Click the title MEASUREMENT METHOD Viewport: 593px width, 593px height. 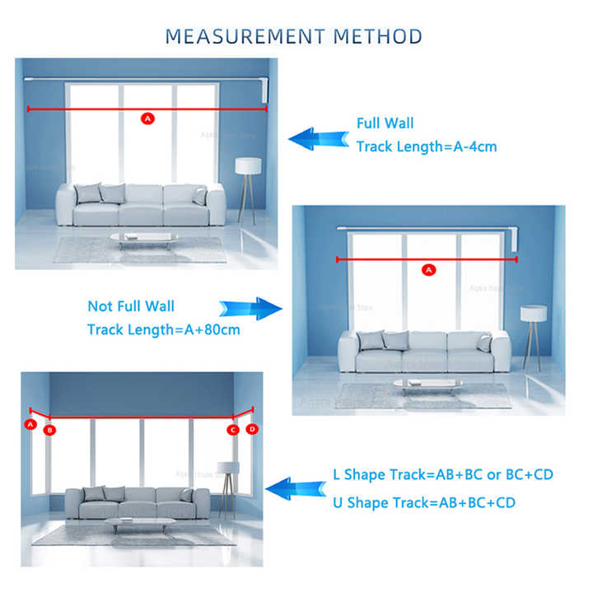tap(294, 36)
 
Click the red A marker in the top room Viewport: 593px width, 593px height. tap(148, 119)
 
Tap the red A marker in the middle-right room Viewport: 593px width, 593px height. tap(427, 269)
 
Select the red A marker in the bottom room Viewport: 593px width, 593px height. tap(30, 424)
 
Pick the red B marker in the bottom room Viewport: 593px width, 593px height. tap(49, 430)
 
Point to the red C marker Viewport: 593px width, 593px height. tap(233, 430)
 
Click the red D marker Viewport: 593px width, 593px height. tap(252, 429)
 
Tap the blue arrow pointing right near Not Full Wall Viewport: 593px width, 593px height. tap(250, 309)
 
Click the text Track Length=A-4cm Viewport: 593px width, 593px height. tap(426, 147)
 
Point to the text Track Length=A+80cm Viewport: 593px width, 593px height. tap(164, 329)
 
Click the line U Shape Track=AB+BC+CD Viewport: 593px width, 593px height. tap(424, 502)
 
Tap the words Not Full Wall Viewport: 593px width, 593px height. tap(131, 306)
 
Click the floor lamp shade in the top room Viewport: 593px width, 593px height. tap(248, 166)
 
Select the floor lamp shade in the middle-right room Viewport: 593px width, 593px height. tap(533, 313)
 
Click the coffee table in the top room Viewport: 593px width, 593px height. tap(144, 236)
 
